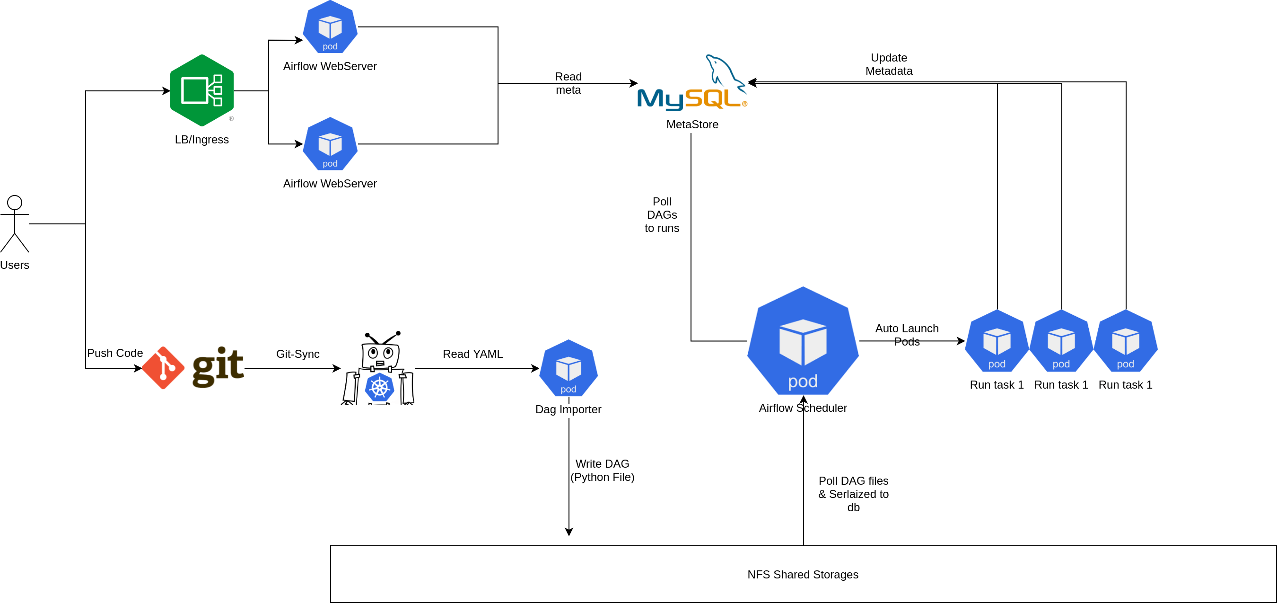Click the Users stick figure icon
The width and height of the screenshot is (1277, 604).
click(x=15, y=224)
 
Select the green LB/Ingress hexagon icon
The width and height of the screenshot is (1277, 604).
click(x=202, y=90)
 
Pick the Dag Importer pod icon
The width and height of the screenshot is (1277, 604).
click(x=568, y=368)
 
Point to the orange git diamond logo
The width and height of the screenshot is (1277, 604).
click(x=163, y=368)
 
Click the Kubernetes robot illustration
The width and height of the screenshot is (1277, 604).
click(x=379, y=368)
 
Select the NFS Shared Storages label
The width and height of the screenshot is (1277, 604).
click(x=803, y=574)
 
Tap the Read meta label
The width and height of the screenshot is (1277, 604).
click(x=568, y=83)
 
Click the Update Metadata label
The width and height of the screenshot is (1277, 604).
click(x=888, y=64)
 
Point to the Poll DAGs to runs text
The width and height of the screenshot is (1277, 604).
click(x=662, y=215)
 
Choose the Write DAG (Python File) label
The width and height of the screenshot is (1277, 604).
click(x=602, y=471)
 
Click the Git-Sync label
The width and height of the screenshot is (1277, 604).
click(x=297, y=354)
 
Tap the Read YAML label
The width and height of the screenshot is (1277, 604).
click(x=472, y=354)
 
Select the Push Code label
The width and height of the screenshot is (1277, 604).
click(x=115, y=353)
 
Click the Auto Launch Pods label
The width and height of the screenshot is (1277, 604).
click(x=907, y=335)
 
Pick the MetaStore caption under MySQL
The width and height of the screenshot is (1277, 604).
click(x=692, y=124)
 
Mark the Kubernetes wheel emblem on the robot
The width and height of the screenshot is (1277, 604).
click(x=379, y=388)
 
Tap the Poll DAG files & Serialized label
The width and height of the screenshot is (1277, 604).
click(x=853, y=494)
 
